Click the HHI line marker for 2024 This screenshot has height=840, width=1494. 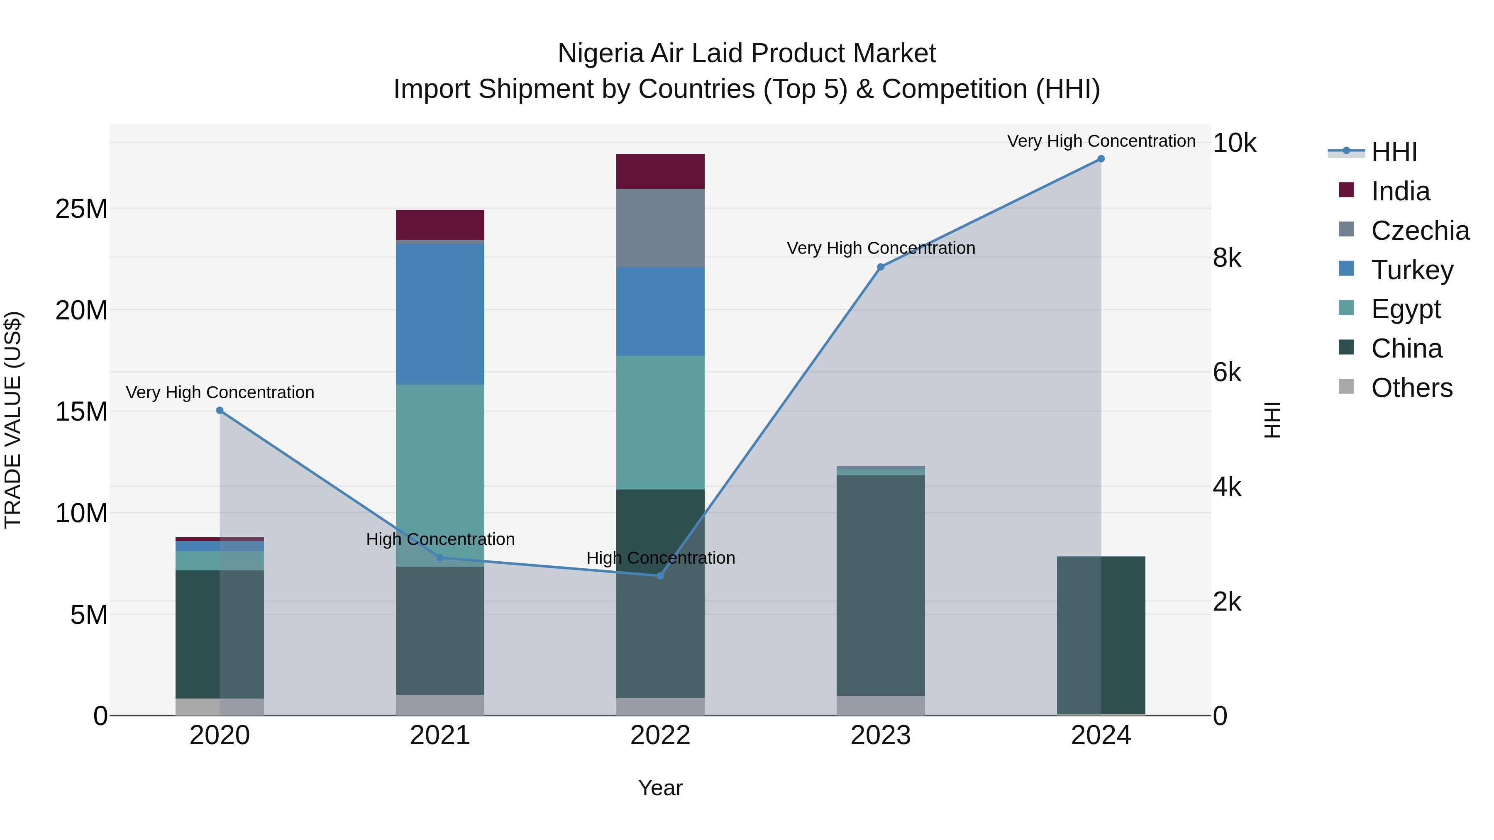pyautogui.click(x=1100, y=159)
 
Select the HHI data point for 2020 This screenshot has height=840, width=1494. pyautogui.click(x=220, y=410)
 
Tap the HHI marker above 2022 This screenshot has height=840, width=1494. pyautogui.click(x=660, y=576)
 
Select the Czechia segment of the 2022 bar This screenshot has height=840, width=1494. pyautogui.click(x=660, y=228)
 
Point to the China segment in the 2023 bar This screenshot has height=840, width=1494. pyautogui.click(x=880, y=585)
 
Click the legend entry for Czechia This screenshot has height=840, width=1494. pyautogui.click(x=1420, y=231)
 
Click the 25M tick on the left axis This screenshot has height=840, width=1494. pyautogui.click(x=81, y=209)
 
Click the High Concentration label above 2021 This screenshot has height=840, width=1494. pyautogui.click(x=440, y=539)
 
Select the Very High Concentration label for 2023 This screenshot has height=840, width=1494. pyautogui.click(x=880, y=248)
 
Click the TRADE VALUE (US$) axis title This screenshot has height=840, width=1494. pyautogui.click(x=13, y=420)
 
